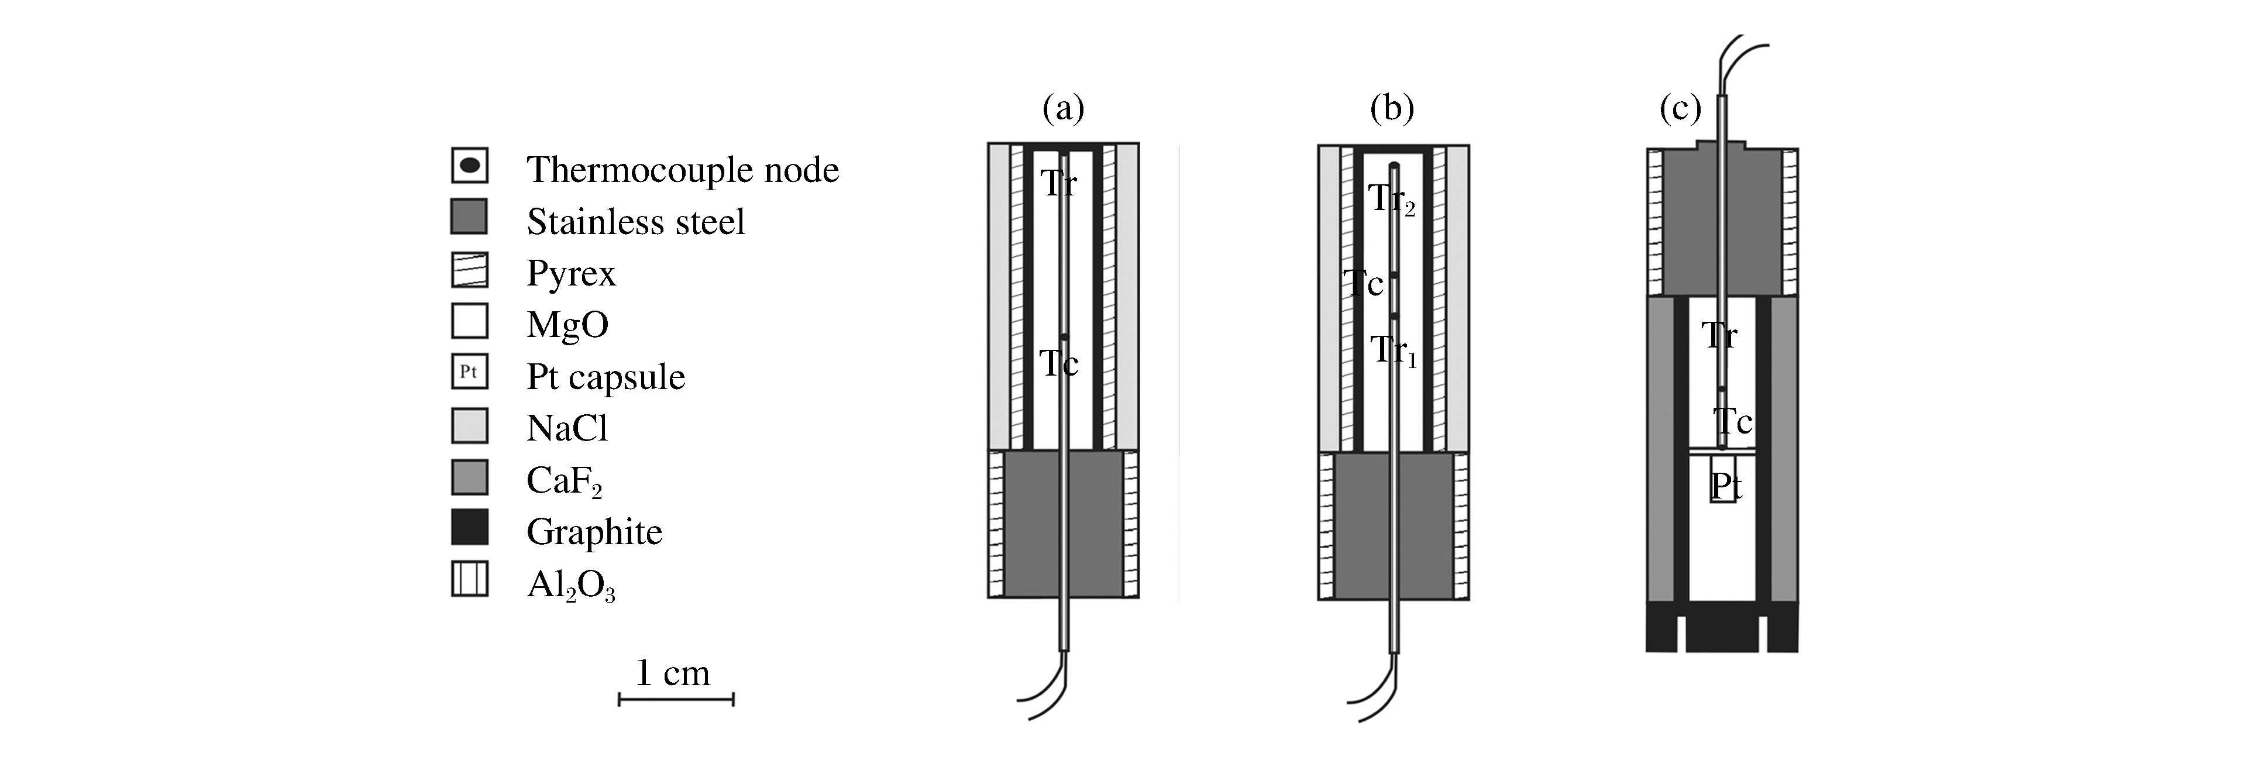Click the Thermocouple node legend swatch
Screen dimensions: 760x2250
pyautogui.click(x=469, y=165)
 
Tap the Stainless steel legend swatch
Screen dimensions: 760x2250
pyautogui.click(x=469, y=216)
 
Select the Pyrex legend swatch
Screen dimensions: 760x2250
pyautogui.click(x=469, y=270)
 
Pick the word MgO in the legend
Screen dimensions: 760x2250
pyautogui.click(x=567, y=324)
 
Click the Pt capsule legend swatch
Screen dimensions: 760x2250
pyautogui.click(x=469, y=372)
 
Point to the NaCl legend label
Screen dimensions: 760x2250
pyautogui.click(x=567, y=428)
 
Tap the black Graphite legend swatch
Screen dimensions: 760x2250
pyautogui.click(x=469, y=528)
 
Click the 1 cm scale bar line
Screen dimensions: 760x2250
pyautogui.click(x=676, y=699)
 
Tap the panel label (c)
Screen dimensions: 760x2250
pyautogui.click(x=1680, y=110)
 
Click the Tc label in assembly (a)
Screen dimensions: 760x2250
pyautogui.click(x=1059, y=363)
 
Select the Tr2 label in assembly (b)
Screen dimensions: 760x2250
pyautogui.click(x=1391, y=199)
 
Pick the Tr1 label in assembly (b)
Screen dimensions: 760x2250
pyautogui.click(x=1392, y=351)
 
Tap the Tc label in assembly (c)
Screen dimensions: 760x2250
pyautogui.click(x=1732, y=422)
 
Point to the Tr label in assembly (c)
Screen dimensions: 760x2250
pyautogui.click(x=1719, y=335)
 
